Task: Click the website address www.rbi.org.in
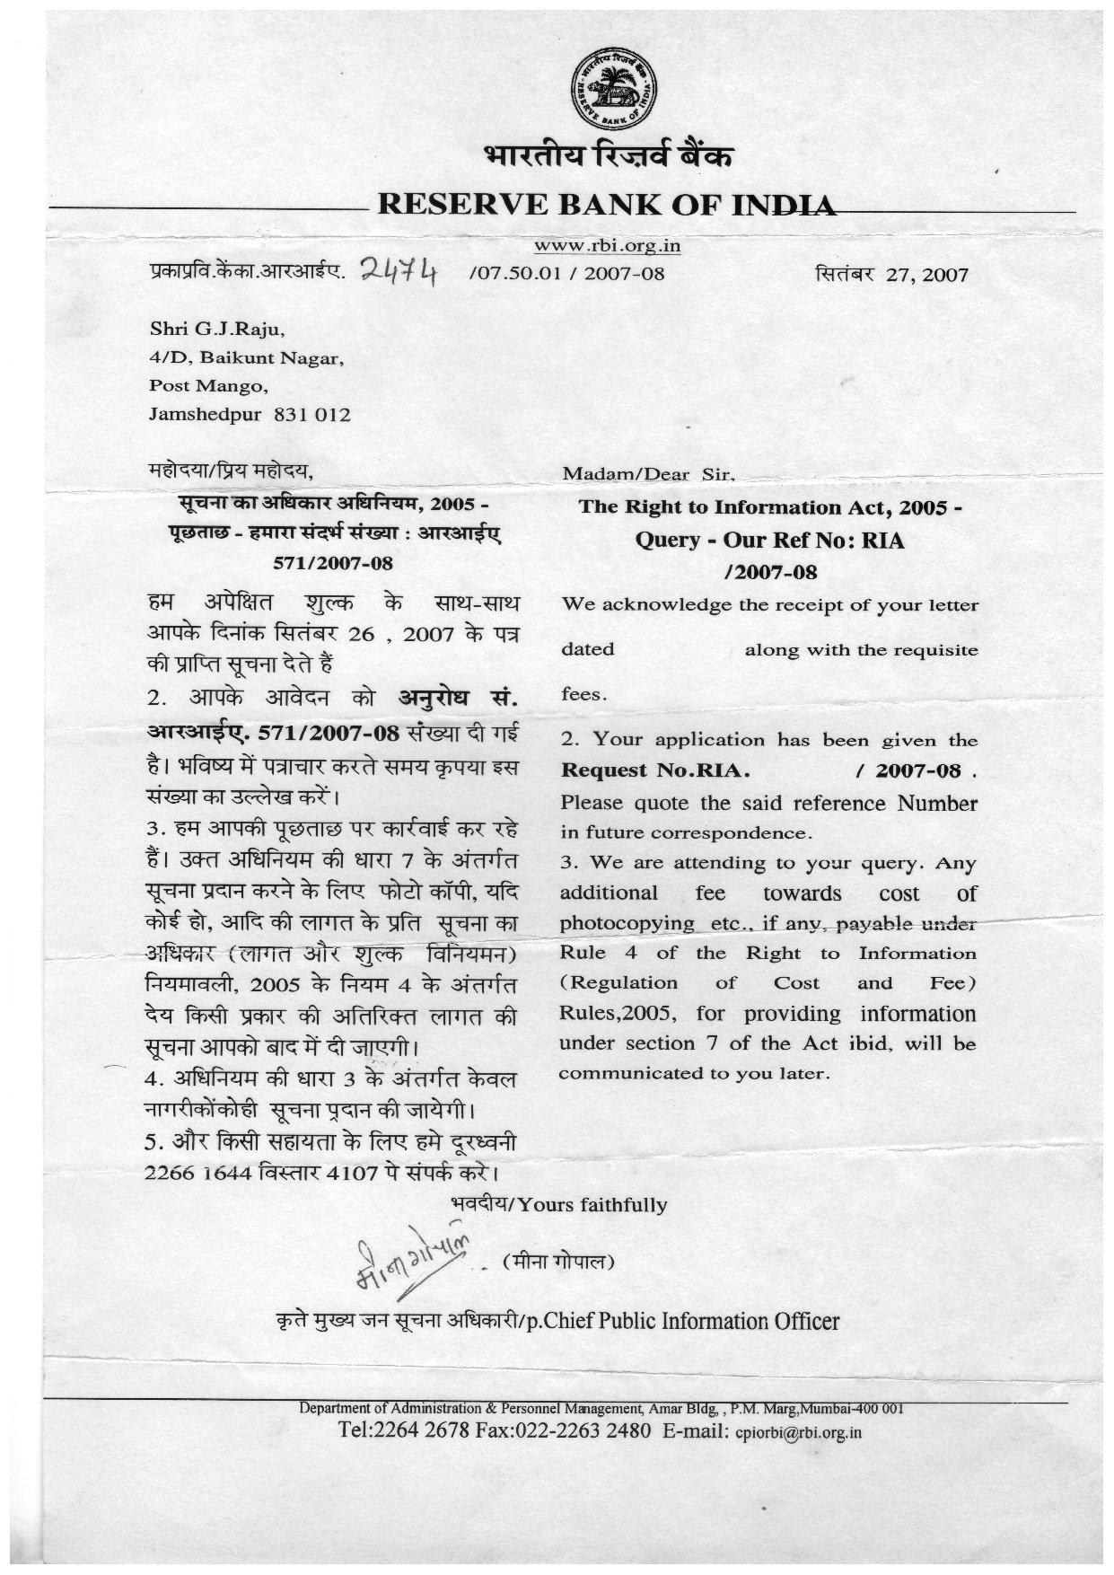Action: pyautogui.click(x=607, y=245)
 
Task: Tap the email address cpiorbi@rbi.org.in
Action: pyautogui.click(x=798, y=1433)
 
